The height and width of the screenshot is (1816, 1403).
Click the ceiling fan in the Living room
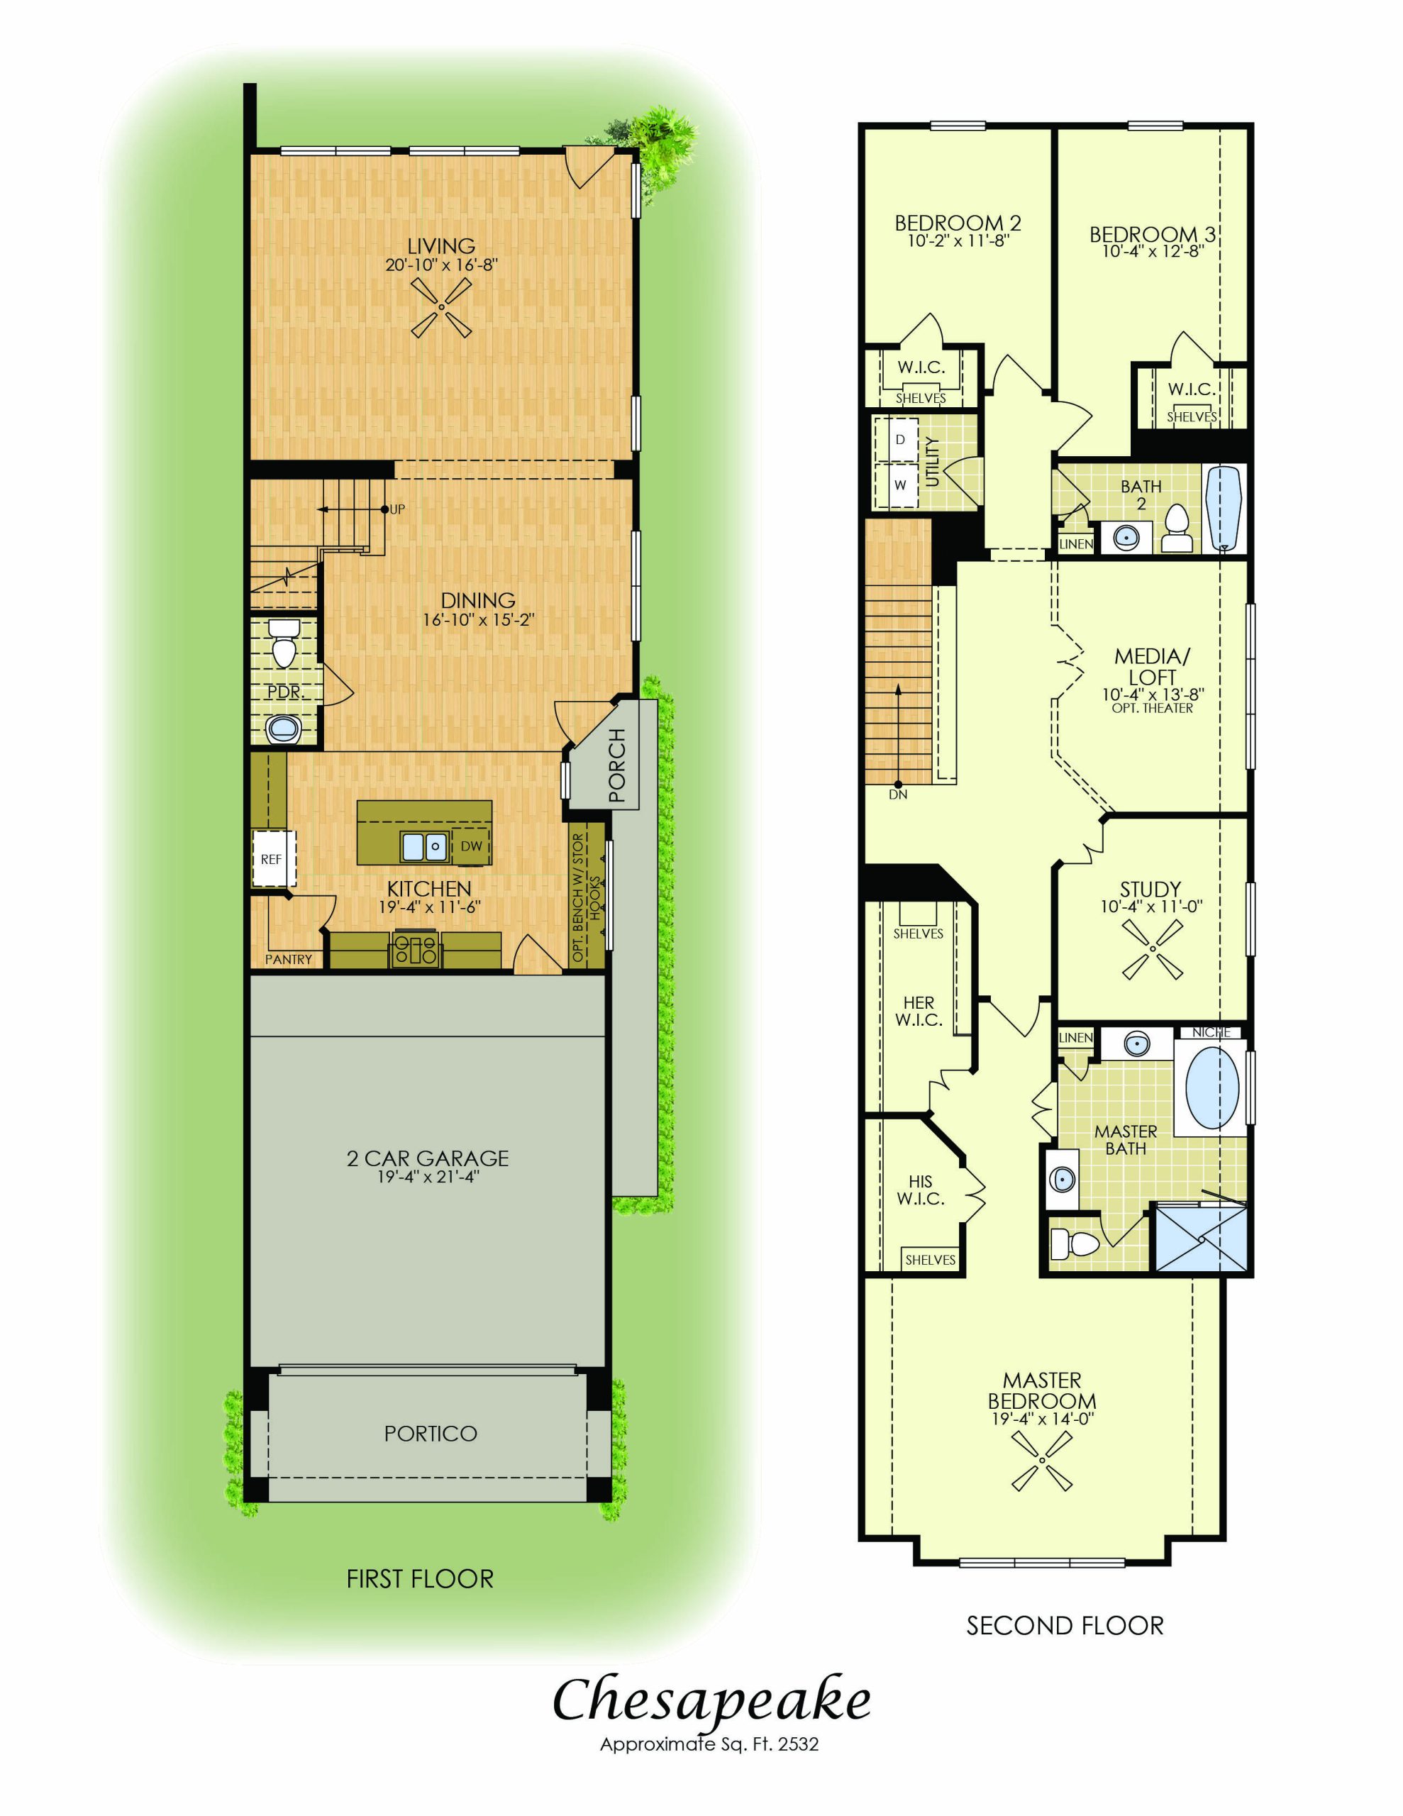click(x=440, y=308)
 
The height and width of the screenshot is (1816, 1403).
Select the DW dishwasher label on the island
click(x=472, y=846)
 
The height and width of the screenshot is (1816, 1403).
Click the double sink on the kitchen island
click(x=424, y=846)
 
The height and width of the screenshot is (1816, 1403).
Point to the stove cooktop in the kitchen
click(x=416, y=948)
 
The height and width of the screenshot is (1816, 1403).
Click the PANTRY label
click(x=289, y=960)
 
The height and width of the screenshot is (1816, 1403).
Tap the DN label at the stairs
click(x=897, y=794)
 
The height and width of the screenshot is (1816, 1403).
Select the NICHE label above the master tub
click(x=1210, y=1032)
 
